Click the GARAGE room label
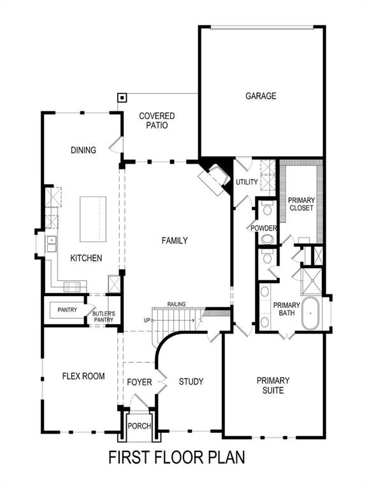tap(261, 96)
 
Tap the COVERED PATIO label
tap(157, 121)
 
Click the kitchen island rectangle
tap(92, 219)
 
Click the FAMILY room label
tap(174, 241)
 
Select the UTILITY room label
tap(247, 182)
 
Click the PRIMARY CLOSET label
tap(301, 204)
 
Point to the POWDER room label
tap(263, 228)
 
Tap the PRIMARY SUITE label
tap(273, 385)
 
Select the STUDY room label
tap(191, 381)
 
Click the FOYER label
tap(140, 382)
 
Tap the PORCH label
tap(138, 426)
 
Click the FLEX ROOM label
tap(83, 376)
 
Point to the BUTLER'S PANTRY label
tap(103, 316)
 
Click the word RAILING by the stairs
tap(176, 304)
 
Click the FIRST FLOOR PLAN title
tap(176, 457)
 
